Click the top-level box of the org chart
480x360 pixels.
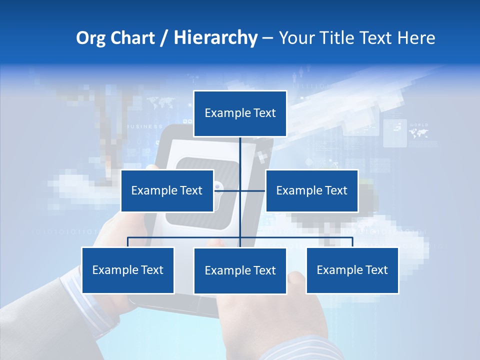pos(240,113)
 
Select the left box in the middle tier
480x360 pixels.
pos(167,190)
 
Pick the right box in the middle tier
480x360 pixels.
pos(312,190)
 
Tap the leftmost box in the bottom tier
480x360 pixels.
pos(128,270)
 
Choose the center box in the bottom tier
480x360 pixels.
pos(240,271)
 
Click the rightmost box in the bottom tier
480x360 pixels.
pos(352,270)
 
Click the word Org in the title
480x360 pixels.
pos(91,38)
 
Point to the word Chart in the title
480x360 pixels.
pos(133,38)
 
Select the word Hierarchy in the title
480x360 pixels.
pos(215,38)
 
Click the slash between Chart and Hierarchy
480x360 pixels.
pos(164,38)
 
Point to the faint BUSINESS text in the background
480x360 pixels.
pos(145,126)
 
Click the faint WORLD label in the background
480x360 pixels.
pos(418,124)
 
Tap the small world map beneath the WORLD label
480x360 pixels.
pos(418,133)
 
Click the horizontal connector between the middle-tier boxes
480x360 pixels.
pos(240,190)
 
